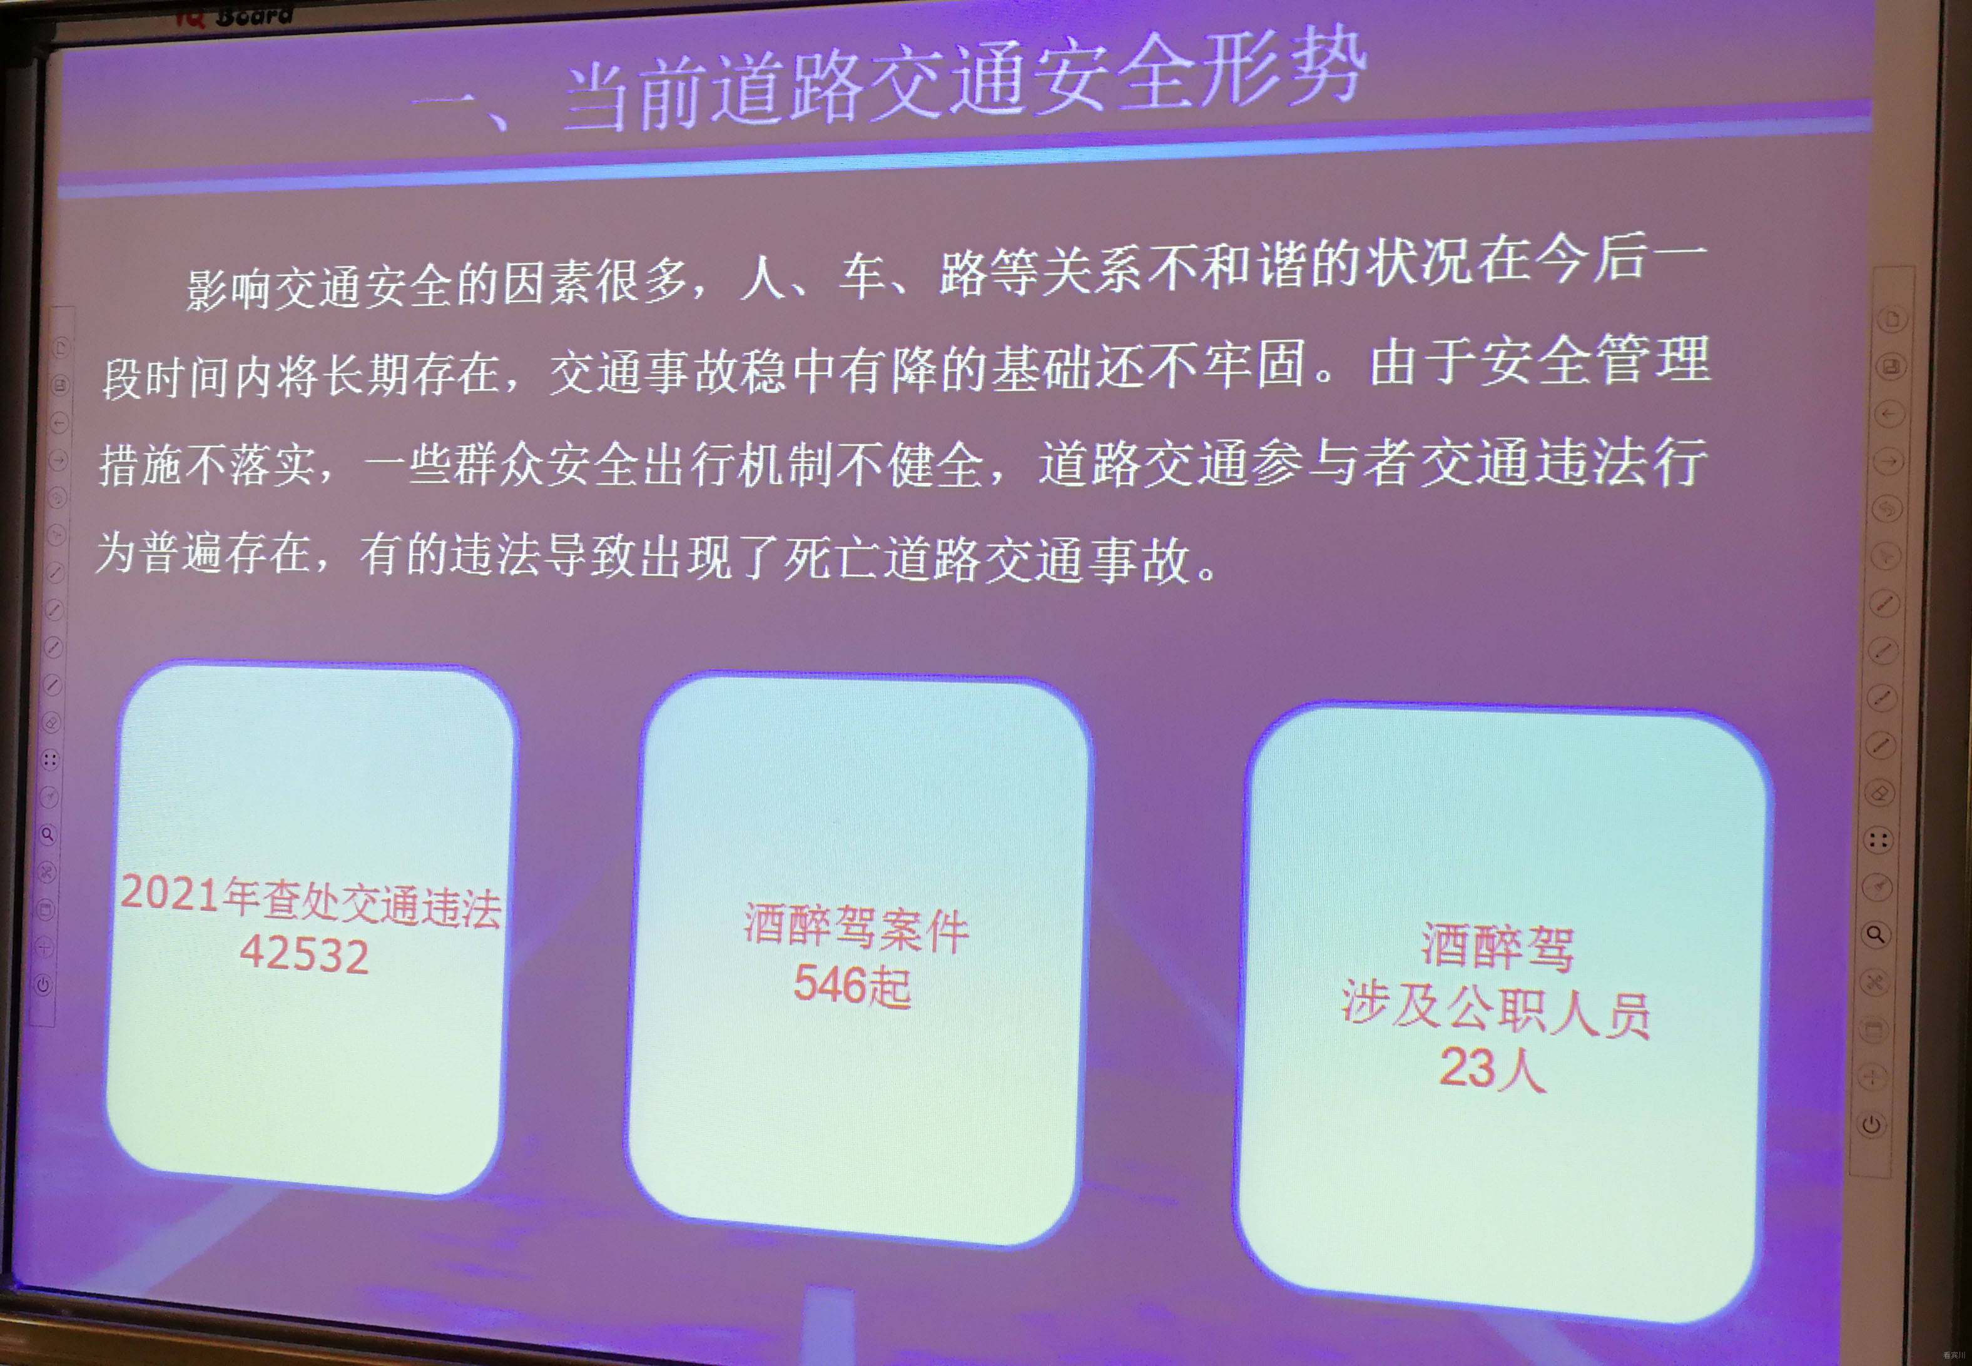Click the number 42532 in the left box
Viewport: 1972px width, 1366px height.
tap(305, 953)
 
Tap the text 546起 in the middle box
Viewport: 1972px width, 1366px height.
tap(851, 984)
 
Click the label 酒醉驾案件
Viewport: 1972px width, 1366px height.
tap(856, 927)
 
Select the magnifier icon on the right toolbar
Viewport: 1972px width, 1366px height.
tap(1874, 934)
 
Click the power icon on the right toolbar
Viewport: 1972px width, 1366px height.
tap(1872, 1124)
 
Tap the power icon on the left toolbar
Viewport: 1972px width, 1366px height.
tap(43, 984)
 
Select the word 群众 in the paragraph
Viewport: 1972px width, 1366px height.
tap(499, 465)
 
